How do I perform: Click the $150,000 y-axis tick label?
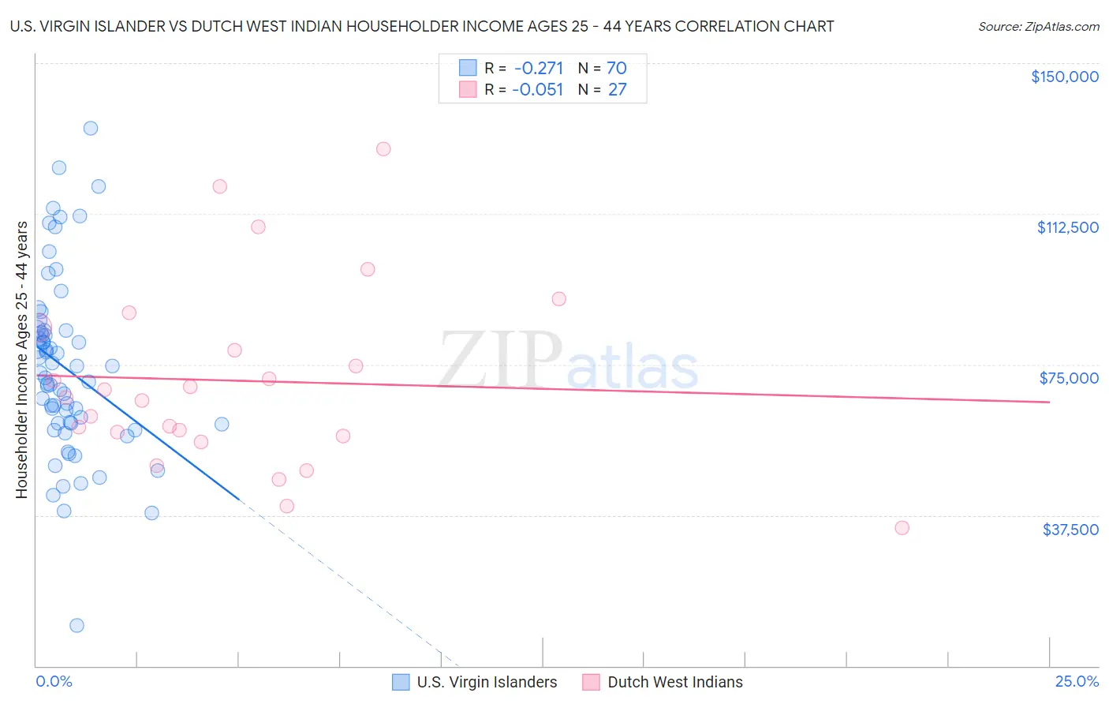[x=1064, y=77]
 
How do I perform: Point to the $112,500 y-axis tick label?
[x=1067, y=227]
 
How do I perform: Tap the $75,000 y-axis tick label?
[x=1069, y=378]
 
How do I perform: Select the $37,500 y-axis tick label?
[x=1070, y=530]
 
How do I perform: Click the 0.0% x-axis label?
[x=54, y=682]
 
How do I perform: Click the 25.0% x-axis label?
[x=1077, y=682]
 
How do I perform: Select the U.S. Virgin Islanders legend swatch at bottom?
[x=401, y=683]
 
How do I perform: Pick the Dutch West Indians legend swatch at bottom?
[x=592, y=683]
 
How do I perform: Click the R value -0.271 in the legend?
[x=538, y=69]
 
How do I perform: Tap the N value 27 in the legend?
[x=617, y=90]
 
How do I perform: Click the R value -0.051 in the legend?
[x=538, y=90]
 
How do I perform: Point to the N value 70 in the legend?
[x=617, y=69]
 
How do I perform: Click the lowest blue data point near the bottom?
[x=77, y=626]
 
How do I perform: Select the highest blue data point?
[x=91, y=128]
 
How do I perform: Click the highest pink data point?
[x=383, y=149]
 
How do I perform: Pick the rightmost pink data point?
[x=902, y=528]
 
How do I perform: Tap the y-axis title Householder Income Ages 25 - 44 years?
[x=22, y=360]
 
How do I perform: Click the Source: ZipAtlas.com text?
[x=1038, y=27]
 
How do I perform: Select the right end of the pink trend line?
[x=1049, y=403]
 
